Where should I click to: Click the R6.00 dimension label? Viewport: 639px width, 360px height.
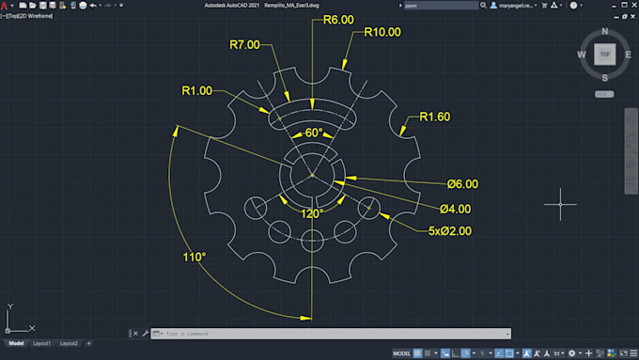tap(337, 20)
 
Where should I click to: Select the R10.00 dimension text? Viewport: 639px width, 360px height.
tap(382, 32)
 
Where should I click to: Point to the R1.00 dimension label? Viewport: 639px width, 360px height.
tap(196, 90)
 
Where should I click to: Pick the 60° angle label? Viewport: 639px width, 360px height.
tap(314, 133)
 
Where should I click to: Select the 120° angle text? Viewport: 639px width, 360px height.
tap(312, 213)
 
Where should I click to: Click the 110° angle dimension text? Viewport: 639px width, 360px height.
tap(195, 256)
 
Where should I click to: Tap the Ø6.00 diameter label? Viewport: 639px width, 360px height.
tap(463, 183)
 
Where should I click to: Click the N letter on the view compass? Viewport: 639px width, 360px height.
tap(605, 32)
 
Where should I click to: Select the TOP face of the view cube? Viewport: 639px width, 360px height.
tap(605, 55)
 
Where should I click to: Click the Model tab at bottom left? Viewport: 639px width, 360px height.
tap(14, 344)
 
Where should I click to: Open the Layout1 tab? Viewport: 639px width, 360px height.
tap(42, 344)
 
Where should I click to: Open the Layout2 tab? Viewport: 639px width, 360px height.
tap(70, 344)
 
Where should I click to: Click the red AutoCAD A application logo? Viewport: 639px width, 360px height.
tap(6, 6)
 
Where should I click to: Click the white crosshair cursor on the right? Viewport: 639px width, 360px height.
tap(561, 203)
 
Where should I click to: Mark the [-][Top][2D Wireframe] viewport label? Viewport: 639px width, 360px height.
tap(29, 16)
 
